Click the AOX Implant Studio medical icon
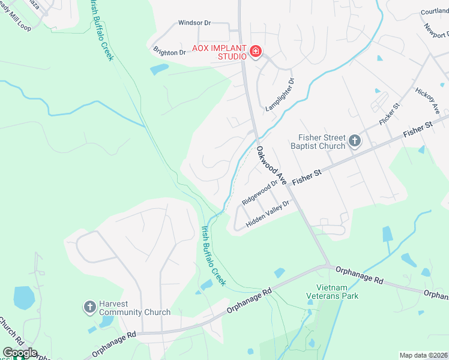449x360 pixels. pyautogui.click(x=256, y=52)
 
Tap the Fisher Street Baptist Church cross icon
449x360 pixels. pyautogui.click(x=355, y=142)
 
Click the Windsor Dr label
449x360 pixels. pyautogui.click(x=194, y=23)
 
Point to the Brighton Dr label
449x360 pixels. pyautogui.click(x=169, y=52)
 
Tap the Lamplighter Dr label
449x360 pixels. pyautogui.click(x=280, y=95)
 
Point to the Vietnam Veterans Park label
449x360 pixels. pyautogui.click(x=337, y=292)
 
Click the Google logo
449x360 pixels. pyautogui.click(x=19, y=353)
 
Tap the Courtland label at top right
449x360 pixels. pyautogui.click(x=435, y=11)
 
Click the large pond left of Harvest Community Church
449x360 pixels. pyautogui.click(x=23, y=298)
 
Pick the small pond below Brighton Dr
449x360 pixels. pyautogui.click(x=159, y=70)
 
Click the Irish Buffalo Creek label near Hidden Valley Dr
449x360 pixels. pyautogui.click(x=213, y=255)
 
